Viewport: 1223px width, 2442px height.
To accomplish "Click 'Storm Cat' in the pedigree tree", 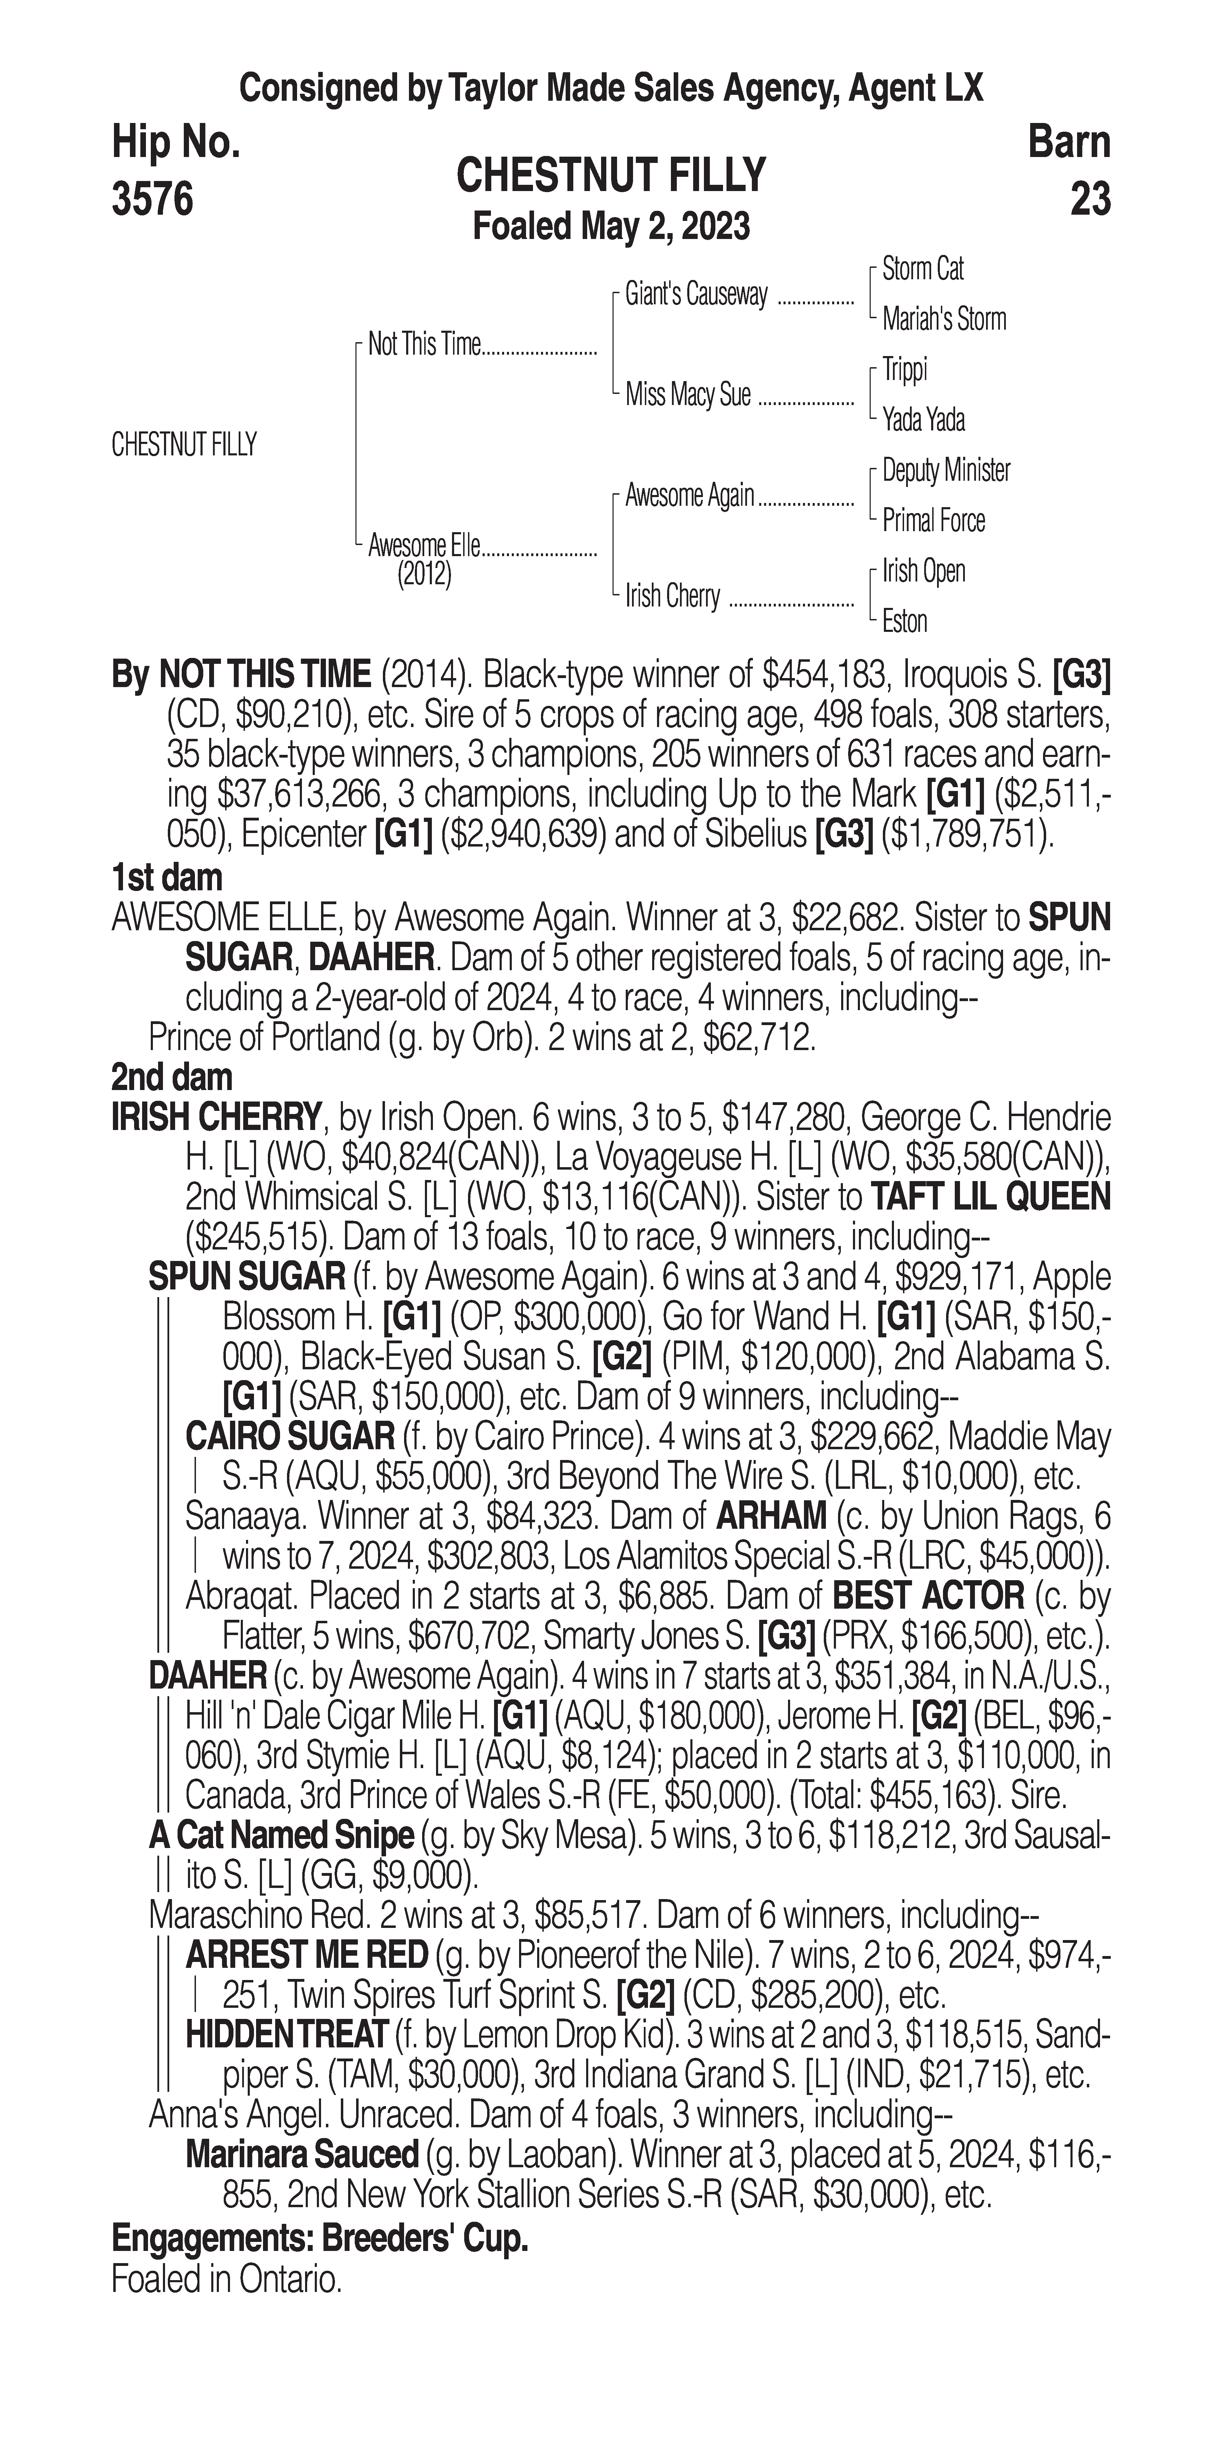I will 922,269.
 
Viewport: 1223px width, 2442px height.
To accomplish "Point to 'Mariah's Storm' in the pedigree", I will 943,320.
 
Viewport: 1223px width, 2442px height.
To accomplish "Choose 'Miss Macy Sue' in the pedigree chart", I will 687,394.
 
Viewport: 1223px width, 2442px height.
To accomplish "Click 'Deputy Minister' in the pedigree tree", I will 945,470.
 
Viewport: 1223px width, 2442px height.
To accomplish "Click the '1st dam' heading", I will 167,878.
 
